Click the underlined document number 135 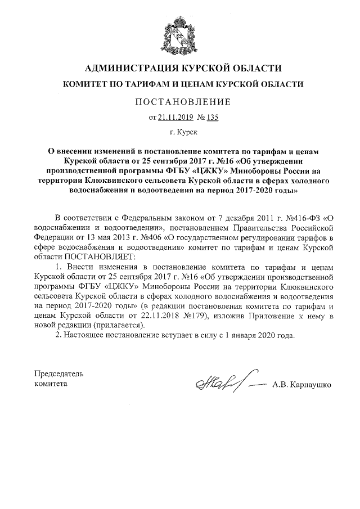pyautogui.click(x=211, y=118)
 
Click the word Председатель pyautogui.click(x=59, y=373)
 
